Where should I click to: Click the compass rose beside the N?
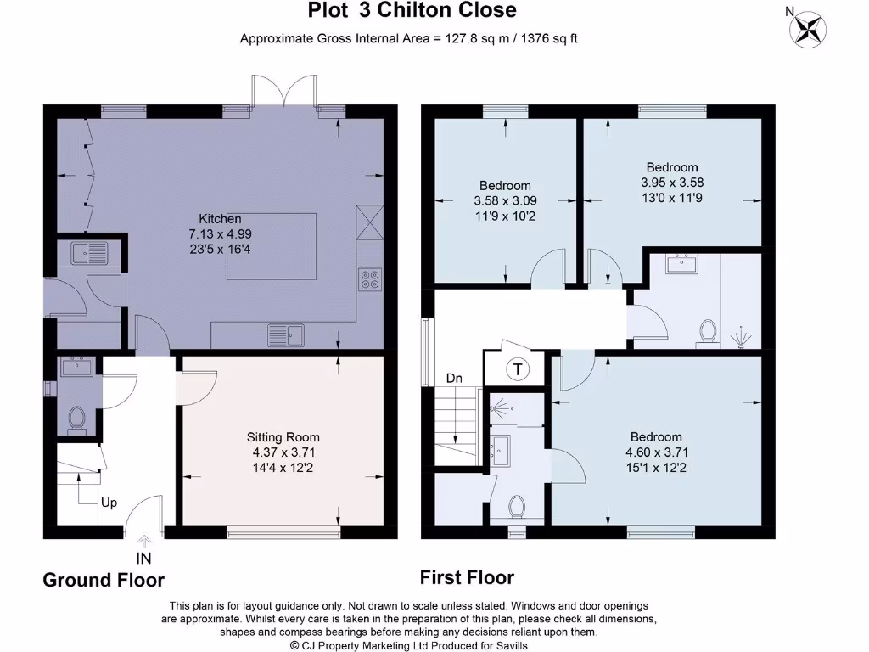808,30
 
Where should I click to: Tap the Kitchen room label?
220,219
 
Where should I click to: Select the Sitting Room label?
283,437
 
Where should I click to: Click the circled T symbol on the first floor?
518,368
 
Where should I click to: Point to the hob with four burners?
370,279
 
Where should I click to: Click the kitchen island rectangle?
272,247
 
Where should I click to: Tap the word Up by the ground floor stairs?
109,503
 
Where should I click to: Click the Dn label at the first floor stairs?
454,379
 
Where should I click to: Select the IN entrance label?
143,559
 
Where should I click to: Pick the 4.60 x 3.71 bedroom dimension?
657,452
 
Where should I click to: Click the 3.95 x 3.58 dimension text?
672,183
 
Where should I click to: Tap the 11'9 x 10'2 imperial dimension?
506,216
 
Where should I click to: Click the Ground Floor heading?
104,580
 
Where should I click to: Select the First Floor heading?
467,577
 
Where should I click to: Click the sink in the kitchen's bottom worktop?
286,335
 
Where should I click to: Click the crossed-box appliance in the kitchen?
370,222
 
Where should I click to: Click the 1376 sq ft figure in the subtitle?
549,38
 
